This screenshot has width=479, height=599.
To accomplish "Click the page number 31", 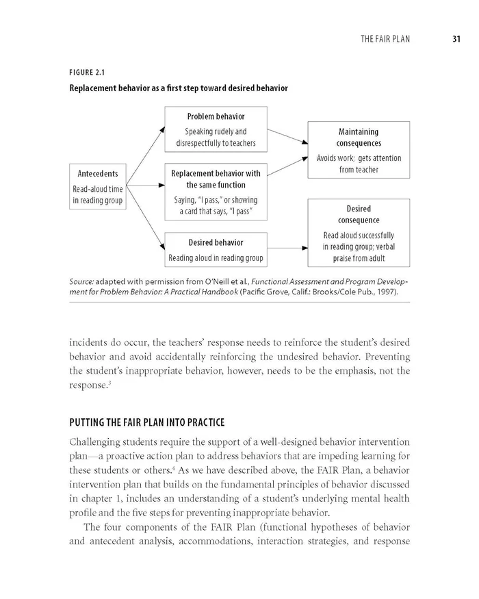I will [x=455, y=38].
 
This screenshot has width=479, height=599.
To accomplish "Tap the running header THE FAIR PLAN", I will [x=385, y=39].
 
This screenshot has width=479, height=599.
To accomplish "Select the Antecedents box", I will [x=98, y=186].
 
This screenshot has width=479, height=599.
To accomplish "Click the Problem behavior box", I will [x=216, y=129].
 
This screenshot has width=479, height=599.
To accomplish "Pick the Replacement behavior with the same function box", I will [x=216, y=192].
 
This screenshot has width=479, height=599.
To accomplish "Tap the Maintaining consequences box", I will [x=359, y=149].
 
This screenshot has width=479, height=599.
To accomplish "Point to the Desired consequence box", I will [x=359, y=233].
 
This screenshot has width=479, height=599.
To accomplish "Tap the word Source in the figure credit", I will [x=81, y=281].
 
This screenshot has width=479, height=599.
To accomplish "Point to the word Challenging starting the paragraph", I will [x=96, y=425].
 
